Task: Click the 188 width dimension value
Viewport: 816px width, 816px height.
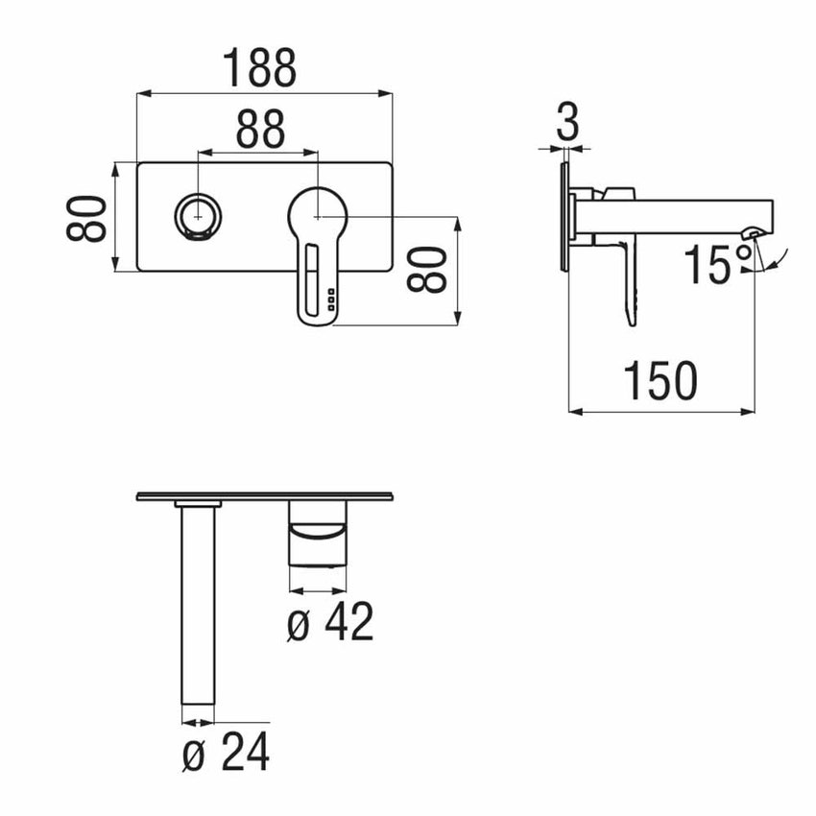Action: point(260,67)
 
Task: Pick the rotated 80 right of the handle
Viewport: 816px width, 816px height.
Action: point(426,270)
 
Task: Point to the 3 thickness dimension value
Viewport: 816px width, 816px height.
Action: point(568,123)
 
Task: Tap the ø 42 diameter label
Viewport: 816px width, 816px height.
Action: point(330,624)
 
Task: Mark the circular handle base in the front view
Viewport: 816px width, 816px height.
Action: point(317,215)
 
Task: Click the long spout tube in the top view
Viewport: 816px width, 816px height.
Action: point(197,605)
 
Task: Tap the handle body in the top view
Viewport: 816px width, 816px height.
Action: point(318,538)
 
